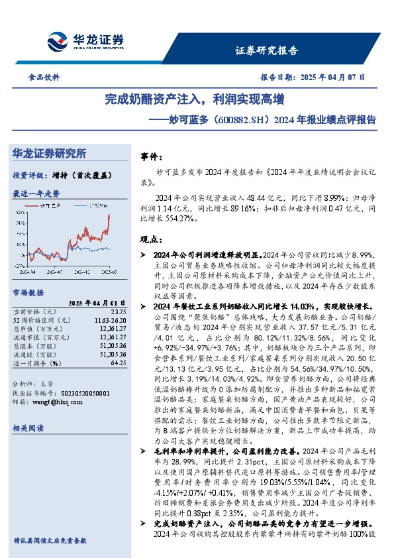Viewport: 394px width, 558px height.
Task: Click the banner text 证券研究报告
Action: [266, 50]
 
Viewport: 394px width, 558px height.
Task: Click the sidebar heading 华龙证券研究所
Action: [49, 153]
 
